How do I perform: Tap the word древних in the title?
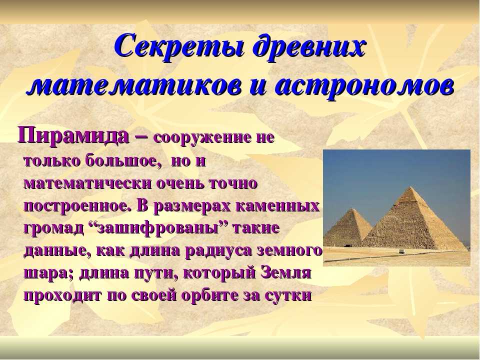[309, 47]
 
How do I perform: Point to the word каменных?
[278, 206]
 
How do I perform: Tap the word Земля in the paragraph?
[286, 273]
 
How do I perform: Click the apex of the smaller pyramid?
[352, 209]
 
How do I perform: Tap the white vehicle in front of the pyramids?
[401, 251]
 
